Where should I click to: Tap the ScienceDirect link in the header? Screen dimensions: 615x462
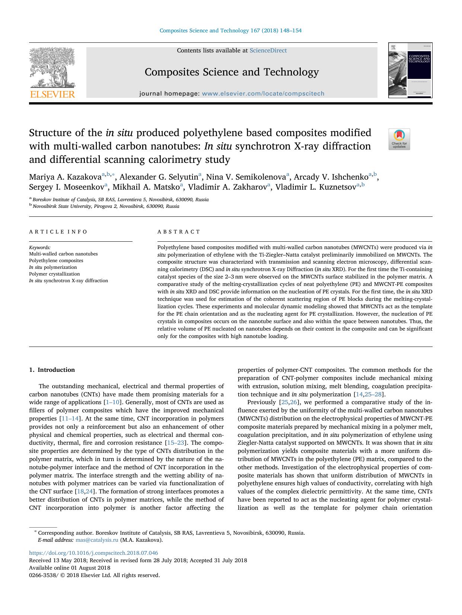[268, 51]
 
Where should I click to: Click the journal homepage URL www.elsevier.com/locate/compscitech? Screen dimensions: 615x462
[263, 94]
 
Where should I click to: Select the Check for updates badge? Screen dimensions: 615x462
[399, 139]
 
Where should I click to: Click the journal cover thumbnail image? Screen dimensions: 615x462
[410, 70]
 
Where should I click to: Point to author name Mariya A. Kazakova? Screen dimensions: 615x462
[65, 177]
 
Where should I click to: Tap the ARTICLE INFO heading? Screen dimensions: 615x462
[58, 232]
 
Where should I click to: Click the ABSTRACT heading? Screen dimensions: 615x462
[179, 232]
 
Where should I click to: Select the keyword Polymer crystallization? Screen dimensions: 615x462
[54, 274]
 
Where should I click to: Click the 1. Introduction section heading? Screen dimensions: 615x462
[52, 370]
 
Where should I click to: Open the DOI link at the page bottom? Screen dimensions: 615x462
[93, 553]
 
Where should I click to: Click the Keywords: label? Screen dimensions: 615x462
[40, 247]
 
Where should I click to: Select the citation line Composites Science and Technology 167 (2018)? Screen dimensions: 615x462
[230, 30]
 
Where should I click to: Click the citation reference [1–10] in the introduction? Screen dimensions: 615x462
[113, 402]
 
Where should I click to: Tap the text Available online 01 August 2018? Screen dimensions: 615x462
[70, 568]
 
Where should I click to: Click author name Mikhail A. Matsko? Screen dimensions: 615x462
[146, 187]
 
